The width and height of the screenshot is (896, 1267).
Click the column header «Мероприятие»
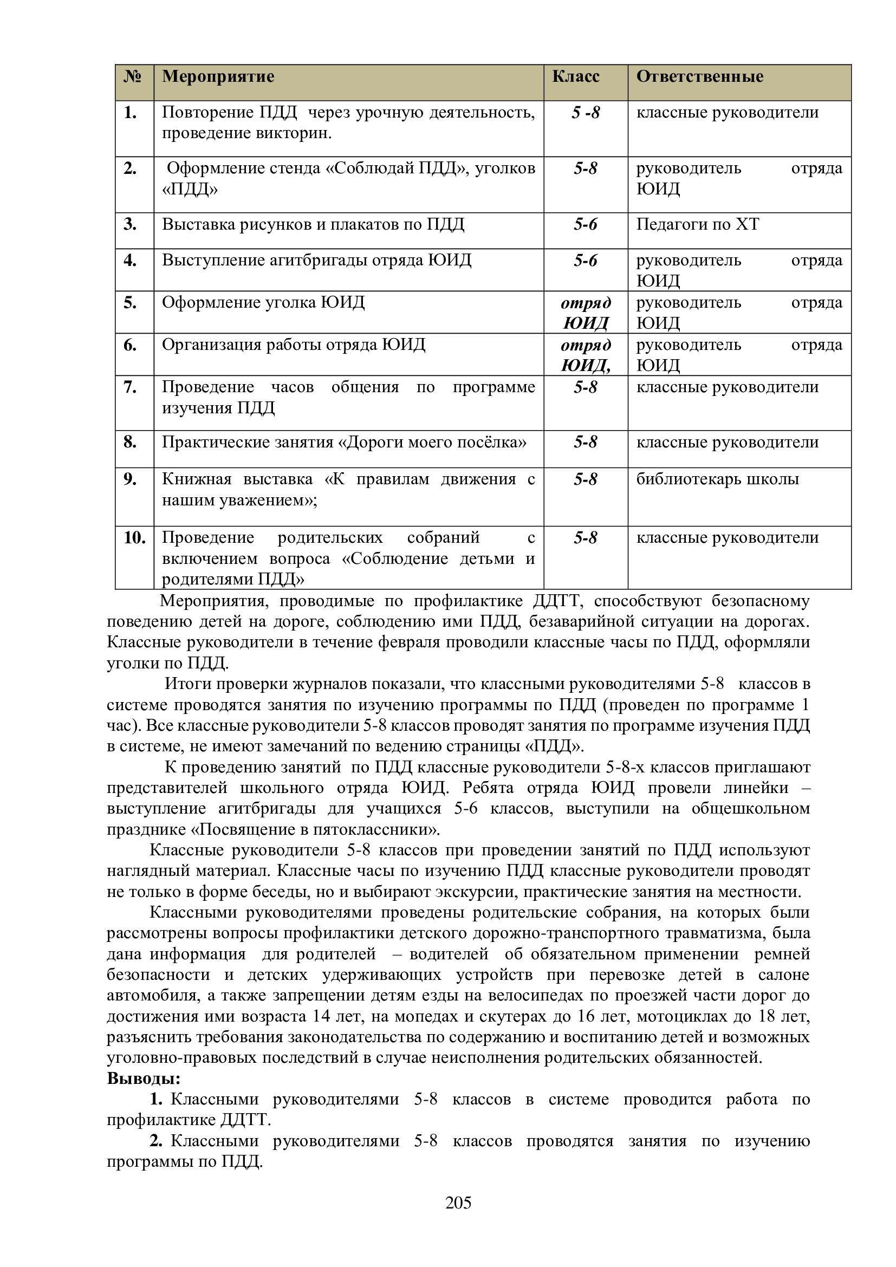[x=218, y=76]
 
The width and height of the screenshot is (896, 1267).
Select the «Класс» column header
[x=575, y=76]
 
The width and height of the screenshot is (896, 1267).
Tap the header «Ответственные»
[x=699, y=76]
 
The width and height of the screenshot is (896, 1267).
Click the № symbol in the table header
[x=132, y=76]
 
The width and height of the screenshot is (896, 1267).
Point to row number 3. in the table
[x=130, y=225]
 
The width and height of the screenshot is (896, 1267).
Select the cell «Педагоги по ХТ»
[x=697, y=225]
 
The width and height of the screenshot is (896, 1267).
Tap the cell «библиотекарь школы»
[x=717, y=479]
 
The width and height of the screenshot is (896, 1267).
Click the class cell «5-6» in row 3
[x=586, y=225]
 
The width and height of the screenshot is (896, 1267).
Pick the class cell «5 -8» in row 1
[x=586, y=113]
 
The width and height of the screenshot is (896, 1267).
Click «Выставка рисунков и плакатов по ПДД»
[x=313, y=225]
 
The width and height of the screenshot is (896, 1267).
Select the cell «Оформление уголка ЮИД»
[x=263, y=302]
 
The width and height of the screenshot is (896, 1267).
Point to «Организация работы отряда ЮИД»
[x=294, y=345]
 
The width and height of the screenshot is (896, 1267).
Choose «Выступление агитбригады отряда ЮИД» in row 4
[x=317, y=260]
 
